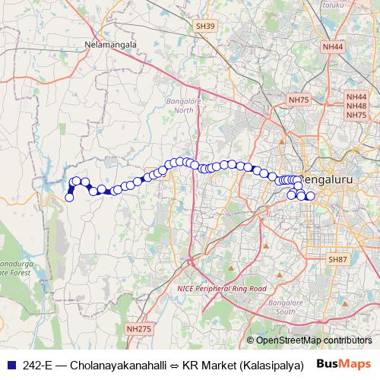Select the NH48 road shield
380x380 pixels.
pos(356,106)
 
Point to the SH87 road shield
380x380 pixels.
pos(337,259)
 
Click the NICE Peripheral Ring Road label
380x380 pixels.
pos(222,289)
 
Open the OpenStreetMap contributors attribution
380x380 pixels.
pos(313,341)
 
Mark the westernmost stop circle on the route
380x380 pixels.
pos(69,198)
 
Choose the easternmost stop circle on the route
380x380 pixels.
pos(310,197)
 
